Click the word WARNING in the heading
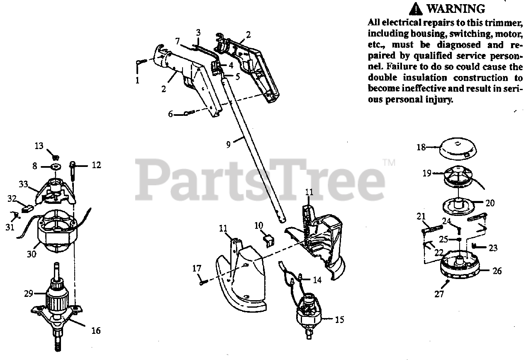pos(455,9)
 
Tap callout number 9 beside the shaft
pos(228,144)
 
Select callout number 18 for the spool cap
pos(421,147)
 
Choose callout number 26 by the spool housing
pos(497,271)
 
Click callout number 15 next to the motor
pos(339,320)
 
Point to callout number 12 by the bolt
pos(96,165)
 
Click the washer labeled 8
pos(55,167)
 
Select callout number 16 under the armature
pos(96,331)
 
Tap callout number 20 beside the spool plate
pos(490,203)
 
